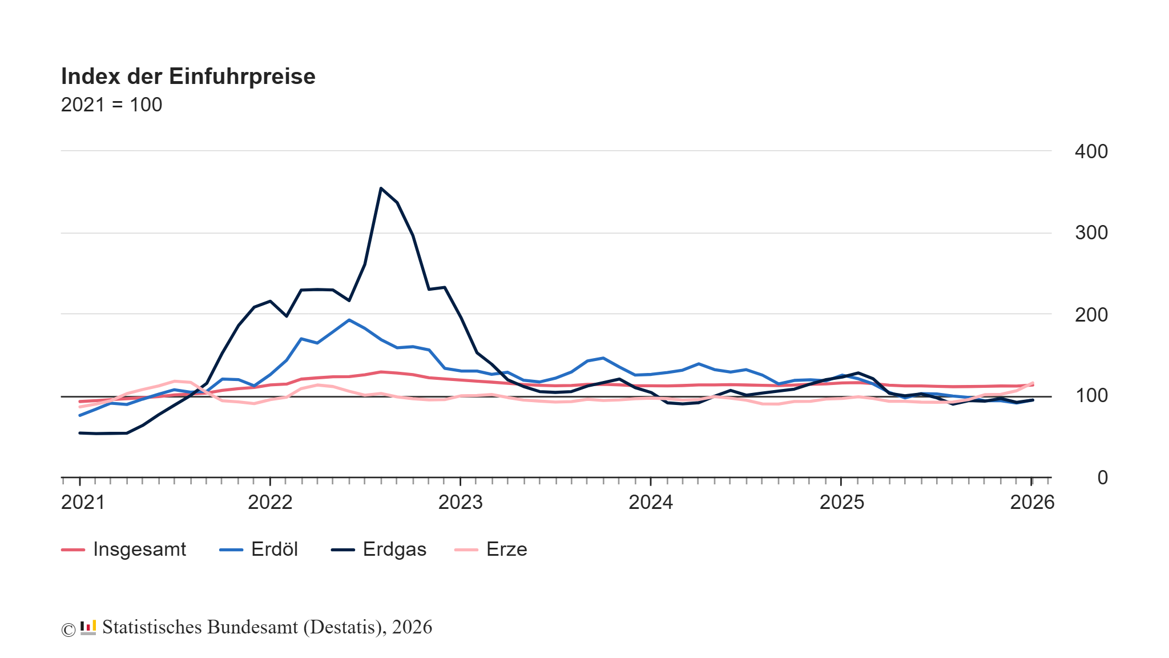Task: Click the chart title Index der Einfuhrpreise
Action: [188, 77]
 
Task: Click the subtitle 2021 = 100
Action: [111, 105]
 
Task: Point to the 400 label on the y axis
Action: [1091, 152]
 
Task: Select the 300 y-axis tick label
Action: [1091, 233]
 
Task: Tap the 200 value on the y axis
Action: [1091, 315]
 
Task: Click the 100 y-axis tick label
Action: [1091, 396]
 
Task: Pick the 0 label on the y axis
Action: [1102, 478]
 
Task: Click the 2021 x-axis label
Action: [83, 503]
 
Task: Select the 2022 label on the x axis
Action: [270, 503]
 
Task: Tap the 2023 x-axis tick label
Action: [460, 503]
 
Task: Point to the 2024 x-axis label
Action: [651, 503]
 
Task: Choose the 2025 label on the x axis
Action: [841, 503]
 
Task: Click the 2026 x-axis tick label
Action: [1032, 503]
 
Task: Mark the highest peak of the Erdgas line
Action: [381, 188]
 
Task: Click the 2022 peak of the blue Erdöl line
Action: [349, 320]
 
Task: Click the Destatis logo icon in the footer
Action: [88, 628]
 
